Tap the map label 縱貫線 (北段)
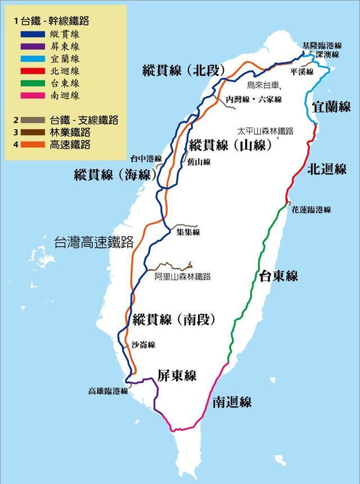(x=184, y=71)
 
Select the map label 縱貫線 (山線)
(x=230, y=145)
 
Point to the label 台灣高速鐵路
(x=93, y=243)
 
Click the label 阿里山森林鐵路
(x=182, y=277)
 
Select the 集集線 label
(x=188, y=232)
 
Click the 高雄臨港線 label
(x=109, y=391)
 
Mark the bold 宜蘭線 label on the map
(x=331, y=106)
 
